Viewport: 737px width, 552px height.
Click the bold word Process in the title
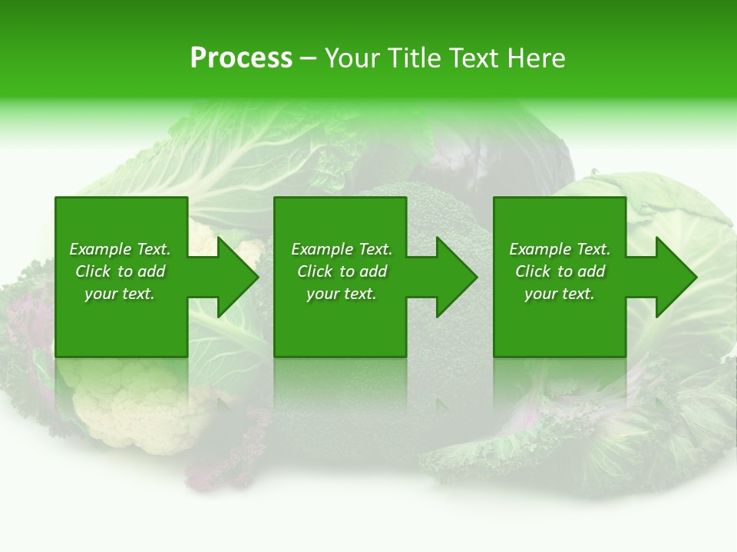pyautogui.click(x=241, y=58)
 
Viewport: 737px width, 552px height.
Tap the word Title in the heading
pyautogui.click(x=411, y=58)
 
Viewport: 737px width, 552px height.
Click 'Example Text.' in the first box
pyautogui.click(x=120, y=249)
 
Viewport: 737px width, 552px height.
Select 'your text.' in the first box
pyautogui.click(x=120, y=294)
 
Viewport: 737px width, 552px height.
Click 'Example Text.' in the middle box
pyautogui.click(x=342, y=249)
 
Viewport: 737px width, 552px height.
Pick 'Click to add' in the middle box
pyautogui.click(x=342, y=271)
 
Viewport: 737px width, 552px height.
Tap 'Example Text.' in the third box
pyautogui.click(x=560, y=249)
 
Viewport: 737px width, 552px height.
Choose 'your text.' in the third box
pyautogui.click(x=560, y=294)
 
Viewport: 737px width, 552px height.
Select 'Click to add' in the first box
pyautogui.click(x=120, y=271)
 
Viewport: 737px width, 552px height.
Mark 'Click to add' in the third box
pyautogui.click(x=560, y=271)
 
